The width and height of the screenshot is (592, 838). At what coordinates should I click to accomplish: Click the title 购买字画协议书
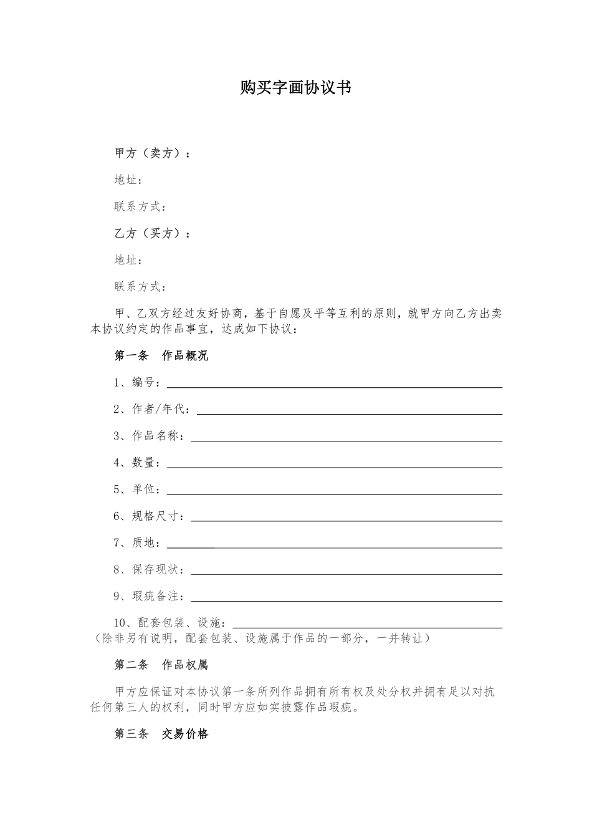[296, 88]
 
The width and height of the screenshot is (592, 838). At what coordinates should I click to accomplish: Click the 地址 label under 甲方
[128, 180]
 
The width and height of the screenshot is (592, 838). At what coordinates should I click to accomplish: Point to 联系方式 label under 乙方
[140, 287]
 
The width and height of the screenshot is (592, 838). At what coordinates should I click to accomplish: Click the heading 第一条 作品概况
[161, 356]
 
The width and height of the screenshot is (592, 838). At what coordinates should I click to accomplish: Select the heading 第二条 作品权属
[161, 665]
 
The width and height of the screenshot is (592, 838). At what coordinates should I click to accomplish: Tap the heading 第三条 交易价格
[161, 734]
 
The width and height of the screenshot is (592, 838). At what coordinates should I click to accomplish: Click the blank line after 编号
[334, 386]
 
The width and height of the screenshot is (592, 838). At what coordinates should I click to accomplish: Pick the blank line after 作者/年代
[350, 413]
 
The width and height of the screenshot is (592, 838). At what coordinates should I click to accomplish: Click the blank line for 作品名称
[346, 440]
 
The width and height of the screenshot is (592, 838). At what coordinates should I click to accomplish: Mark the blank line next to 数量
[334, 466]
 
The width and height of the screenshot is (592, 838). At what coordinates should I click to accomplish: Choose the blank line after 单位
[334, 493]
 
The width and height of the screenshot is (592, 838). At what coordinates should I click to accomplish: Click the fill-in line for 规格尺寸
[346, 520]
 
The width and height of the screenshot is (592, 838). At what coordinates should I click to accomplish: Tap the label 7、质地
[136, 542]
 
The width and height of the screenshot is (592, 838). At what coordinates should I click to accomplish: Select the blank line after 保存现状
[346, 574]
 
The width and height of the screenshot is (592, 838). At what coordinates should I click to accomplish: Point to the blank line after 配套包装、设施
[368, 627]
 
